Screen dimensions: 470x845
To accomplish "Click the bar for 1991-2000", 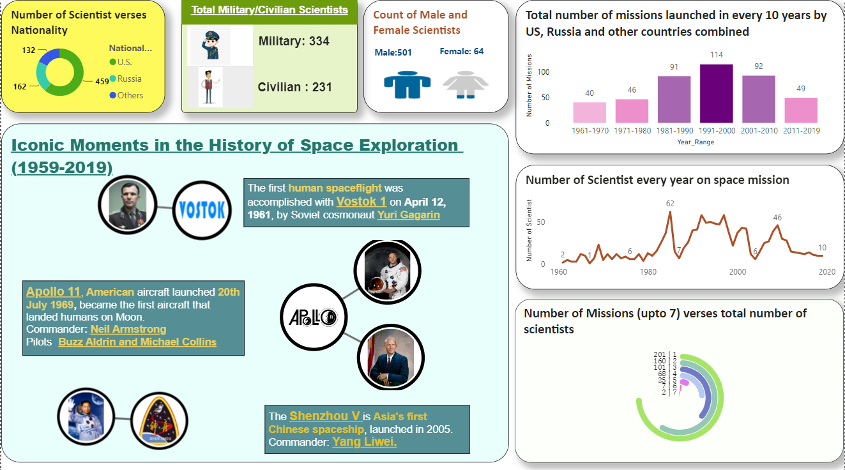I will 716,93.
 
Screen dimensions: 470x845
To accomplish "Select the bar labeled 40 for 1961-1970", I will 590,112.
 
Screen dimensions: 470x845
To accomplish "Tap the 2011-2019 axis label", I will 801,131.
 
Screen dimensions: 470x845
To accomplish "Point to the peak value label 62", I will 670,204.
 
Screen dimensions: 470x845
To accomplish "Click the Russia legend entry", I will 129,79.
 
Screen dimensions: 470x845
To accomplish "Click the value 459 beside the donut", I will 102,82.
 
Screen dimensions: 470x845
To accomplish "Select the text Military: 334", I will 294,42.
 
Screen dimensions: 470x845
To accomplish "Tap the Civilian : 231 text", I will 294,87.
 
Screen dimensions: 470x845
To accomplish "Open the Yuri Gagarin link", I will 408,215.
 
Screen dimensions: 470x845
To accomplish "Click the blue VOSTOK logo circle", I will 201,209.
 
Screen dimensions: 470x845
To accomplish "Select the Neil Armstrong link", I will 128,330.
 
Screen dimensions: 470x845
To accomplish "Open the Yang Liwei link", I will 364,441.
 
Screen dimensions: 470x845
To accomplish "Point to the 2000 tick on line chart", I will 737,271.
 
